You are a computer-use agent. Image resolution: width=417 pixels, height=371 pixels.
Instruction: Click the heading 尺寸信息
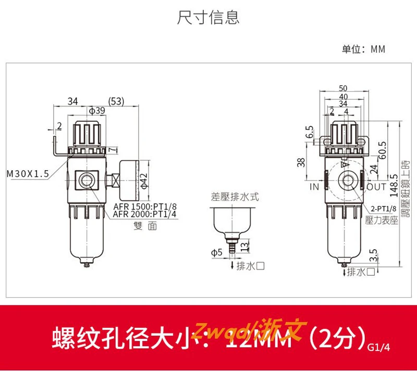(208, 17)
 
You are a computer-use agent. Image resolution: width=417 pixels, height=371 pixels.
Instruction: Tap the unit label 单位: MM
(363, 49)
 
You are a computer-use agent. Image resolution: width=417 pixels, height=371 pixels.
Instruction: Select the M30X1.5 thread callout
(28, 173)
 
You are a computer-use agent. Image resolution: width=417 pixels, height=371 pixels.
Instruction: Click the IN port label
(314, 186)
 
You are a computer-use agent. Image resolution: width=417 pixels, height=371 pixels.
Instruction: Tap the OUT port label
(376, 186)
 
